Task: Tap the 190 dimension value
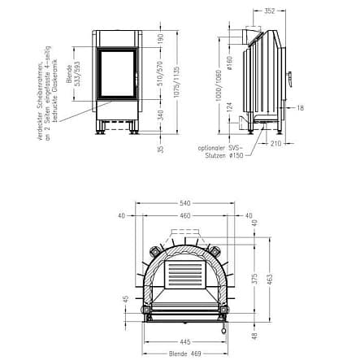(x=159, y=38)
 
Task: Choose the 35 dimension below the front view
(x=159, y=149)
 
